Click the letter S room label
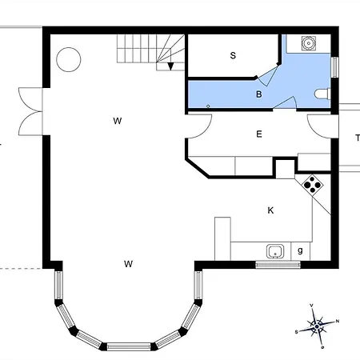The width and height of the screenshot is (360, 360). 233,56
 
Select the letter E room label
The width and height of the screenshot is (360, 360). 259,134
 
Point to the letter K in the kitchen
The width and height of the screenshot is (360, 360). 270,210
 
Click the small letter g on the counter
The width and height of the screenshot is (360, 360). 300,251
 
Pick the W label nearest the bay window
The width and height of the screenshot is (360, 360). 128,263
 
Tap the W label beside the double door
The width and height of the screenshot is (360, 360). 117,121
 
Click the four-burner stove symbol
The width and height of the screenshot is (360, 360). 313,186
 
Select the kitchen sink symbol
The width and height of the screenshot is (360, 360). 274,251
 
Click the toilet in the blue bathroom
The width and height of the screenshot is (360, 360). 322,94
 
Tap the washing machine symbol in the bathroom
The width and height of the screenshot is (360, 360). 307,42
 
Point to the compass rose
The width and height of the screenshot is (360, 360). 318,325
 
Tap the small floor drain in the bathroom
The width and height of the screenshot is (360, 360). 208,105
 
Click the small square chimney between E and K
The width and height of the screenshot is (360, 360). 285,169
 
